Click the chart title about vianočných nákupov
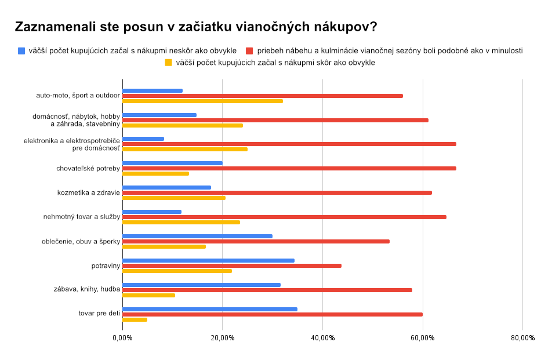195,27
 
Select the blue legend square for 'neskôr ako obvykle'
21,50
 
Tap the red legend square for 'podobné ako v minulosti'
250,50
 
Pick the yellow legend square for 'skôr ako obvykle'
169,63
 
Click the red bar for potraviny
232,266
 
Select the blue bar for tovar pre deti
210,309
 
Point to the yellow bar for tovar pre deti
135,319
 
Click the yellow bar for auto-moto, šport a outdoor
203,101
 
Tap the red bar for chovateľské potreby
289,168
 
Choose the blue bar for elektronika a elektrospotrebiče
143,139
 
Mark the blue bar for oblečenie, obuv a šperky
198,236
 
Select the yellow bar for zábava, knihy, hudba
149,295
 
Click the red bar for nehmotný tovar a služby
285,217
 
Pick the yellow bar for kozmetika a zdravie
174,198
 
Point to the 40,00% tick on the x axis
322,338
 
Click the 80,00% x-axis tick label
522,338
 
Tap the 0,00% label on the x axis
122,338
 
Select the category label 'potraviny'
106,266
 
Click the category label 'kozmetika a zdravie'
89,192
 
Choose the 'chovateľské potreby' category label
88,168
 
